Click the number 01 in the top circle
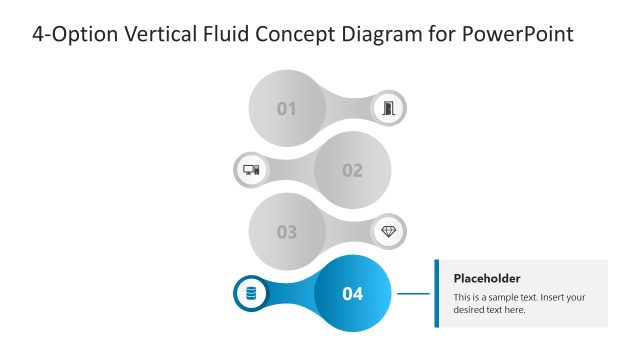tap(287, 108)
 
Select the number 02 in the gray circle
tap(352, 170)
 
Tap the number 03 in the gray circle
tap(287, 232)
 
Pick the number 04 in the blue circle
tap(352, 294)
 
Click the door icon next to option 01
tap(389, 108)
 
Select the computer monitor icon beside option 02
tap(251, 170)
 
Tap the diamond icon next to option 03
tap(389, 232)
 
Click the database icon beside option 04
tap(251, 294)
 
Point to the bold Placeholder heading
tap(487, 278)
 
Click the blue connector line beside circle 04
tap(413, 294)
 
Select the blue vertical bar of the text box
tap(437, 293)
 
